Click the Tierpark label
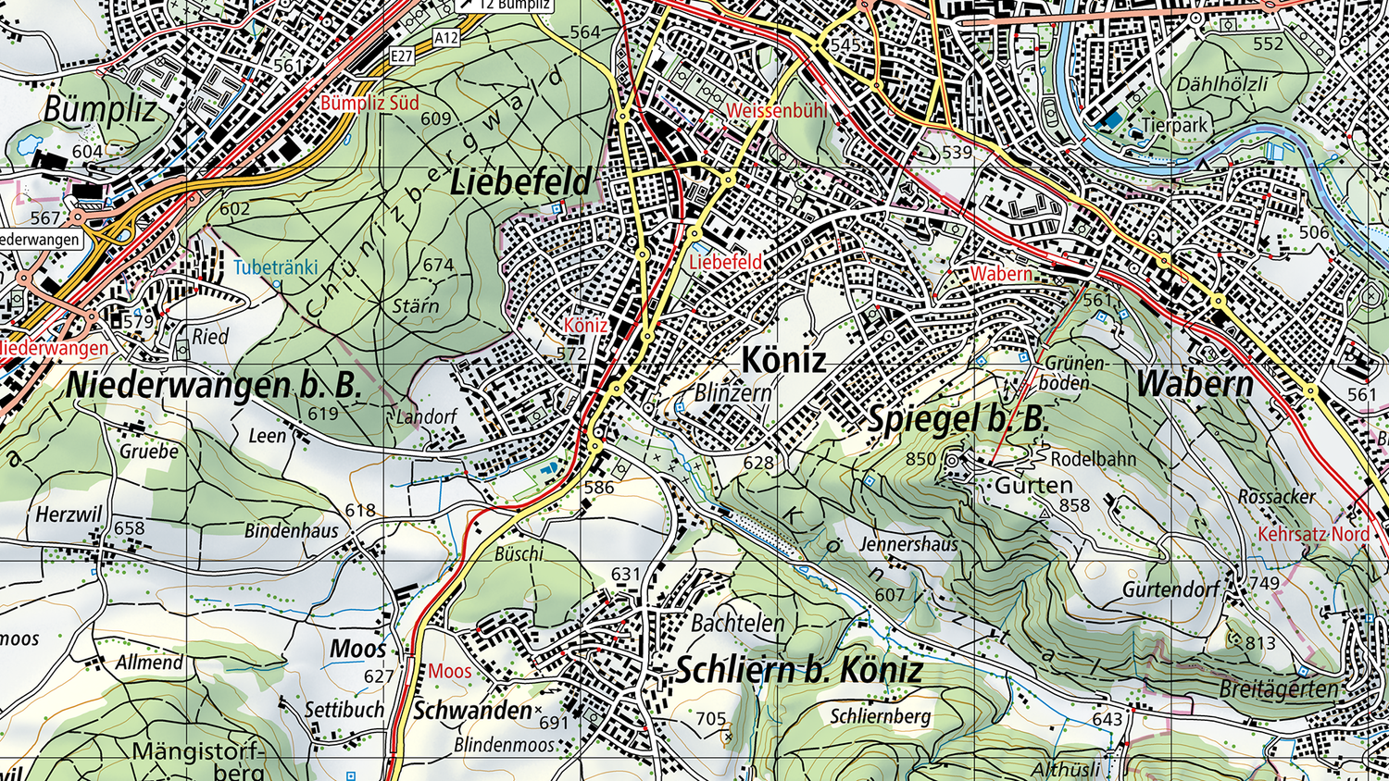tap(1174, 125)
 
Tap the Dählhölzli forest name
tap(1222, 84)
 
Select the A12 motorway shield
tap(446, 38)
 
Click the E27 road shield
tap(401, 56)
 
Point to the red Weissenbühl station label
tap(777, 111)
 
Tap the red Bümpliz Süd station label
tap(369, 103)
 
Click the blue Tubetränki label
tap(275, 267)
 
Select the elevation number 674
tap(438, 265)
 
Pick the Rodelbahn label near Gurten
tap(1093, 459)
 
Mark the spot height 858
tap(1074, 505)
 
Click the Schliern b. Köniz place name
tap(799, 670)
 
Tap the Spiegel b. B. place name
tap(956, 419)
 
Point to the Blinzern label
tap(732, 392)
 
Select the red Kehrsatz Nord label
tap(1313, 534)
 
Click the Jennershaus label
tap(908, 544)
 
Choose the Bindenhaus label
tap(292, 530)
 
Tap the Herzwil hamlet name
tap(69, 514)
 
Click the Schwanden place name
tap(472, 710)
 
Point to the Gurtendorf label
tap(1171, 589)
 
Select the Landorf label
tap(426, 416)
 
